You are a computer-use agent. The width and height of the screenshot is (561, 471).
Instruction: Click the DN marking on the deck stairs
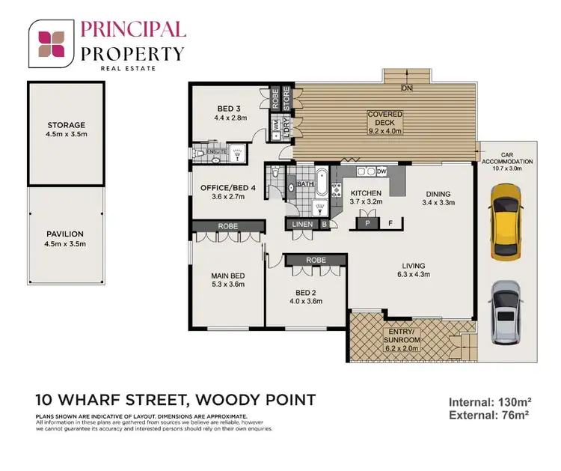tap(407, 88)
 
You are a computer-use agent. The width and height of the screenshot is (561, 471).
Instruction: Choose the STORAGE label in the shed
tap(66, 125)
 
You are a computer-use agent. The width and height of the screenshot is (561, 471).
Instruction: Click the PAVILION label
tap(66, 234)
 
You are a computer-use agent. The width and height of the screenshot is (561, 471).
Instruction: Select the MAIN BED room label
tap(229, 276)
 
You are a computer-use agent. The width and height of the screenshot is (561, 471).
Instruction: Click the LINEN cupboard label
tap(303, 224)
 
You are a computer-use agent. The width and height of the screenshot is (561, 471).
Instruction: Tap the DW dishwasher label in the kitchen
tap(382, 171)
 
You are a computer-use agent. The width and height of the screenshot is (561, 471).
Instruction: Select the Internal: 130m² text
tap(488, 402)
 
